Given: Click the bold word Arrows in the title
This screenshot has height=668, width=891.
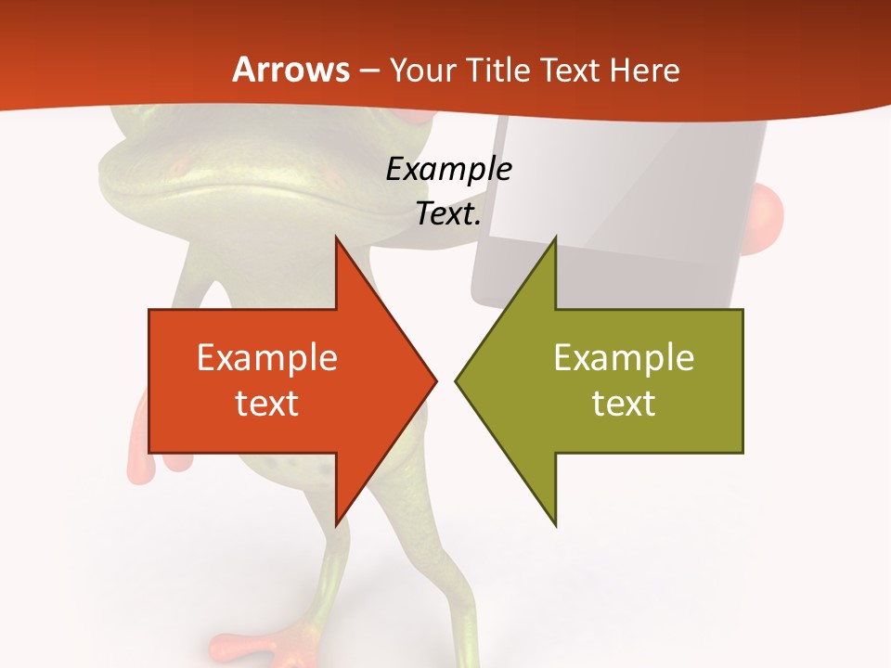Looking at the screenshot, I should point(291,71).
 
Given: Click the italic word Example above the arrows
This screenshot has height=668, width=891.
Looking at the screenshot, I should point(448,170).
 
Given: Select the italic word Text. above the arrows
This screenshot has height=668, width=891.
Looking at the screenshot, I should point(448,214).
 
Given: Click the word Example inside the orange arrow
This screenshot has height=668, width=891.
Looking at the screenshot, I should point(267,358).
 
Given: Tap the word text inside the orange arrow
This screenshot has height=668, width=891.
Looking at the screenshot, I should point(267,404).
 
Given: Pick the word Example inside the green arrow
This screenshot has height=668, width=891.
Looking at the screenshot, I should point(624,358).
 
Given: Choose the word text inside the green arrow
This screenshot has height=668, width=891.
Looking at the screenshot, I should point(624,404).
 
